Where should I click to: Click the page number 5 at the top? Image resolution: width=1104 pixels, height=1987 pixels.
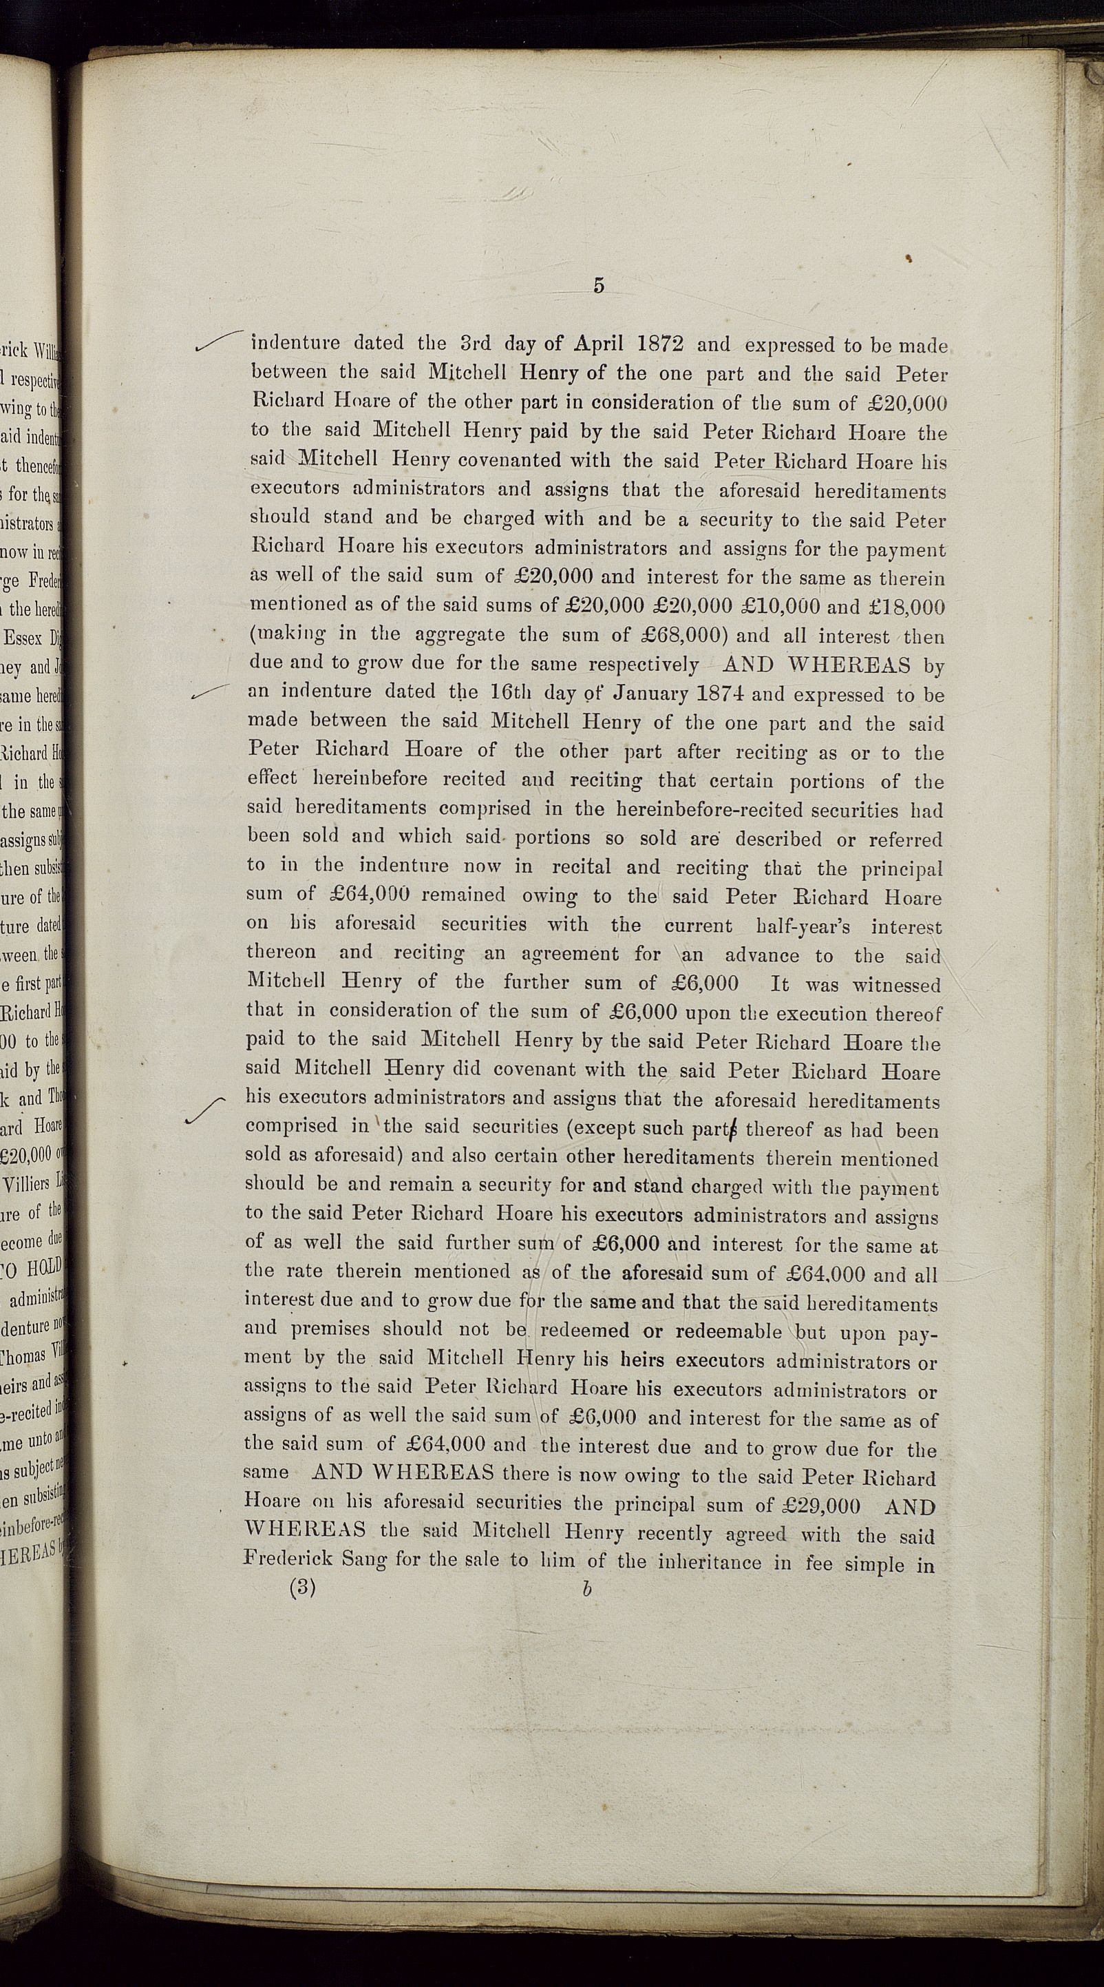coord(598,285)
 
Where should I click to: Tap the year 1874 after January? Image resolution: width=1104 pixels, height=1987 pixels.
coord(720,694)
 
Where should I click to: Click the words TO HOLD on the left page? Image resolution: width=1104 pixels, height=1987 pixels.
coord(34,1269)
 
